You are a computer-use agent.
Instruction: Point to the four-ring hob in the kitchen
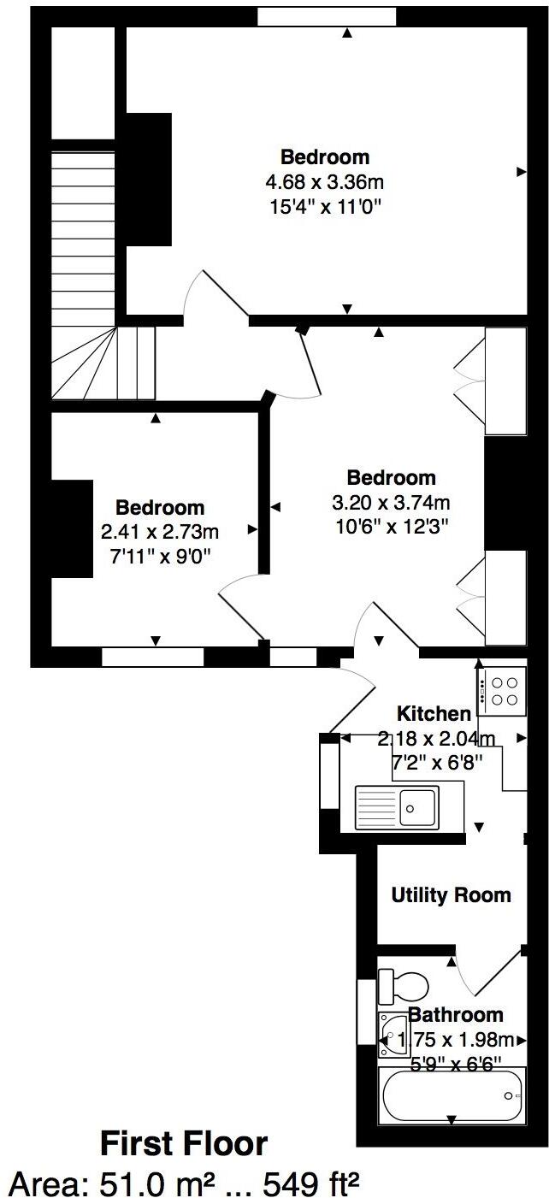pos(502,690)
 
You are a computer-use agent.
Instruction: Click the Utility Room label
pos(451,895)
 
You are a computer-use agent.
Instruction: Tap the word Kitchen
pos(434,713)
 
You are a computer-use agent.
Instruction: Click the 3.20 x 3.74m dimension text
pos(391,502)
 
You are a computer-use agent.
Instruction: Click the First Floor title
pos(184,1143)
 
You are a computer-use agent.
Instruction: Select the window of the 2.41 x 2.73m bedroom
pos(152,657)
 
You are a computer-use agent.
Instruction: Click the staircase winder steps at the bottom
pos(103,363)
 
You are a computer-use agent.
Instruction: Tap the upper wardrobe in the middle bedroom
pos(505,380)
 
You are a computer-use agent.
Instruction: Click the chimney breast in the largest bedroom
pos(149,180)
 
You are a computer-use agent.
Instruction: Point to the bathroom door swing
pos(479,975)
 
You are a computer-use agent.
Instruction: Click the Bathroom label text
pos(455,1015)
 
